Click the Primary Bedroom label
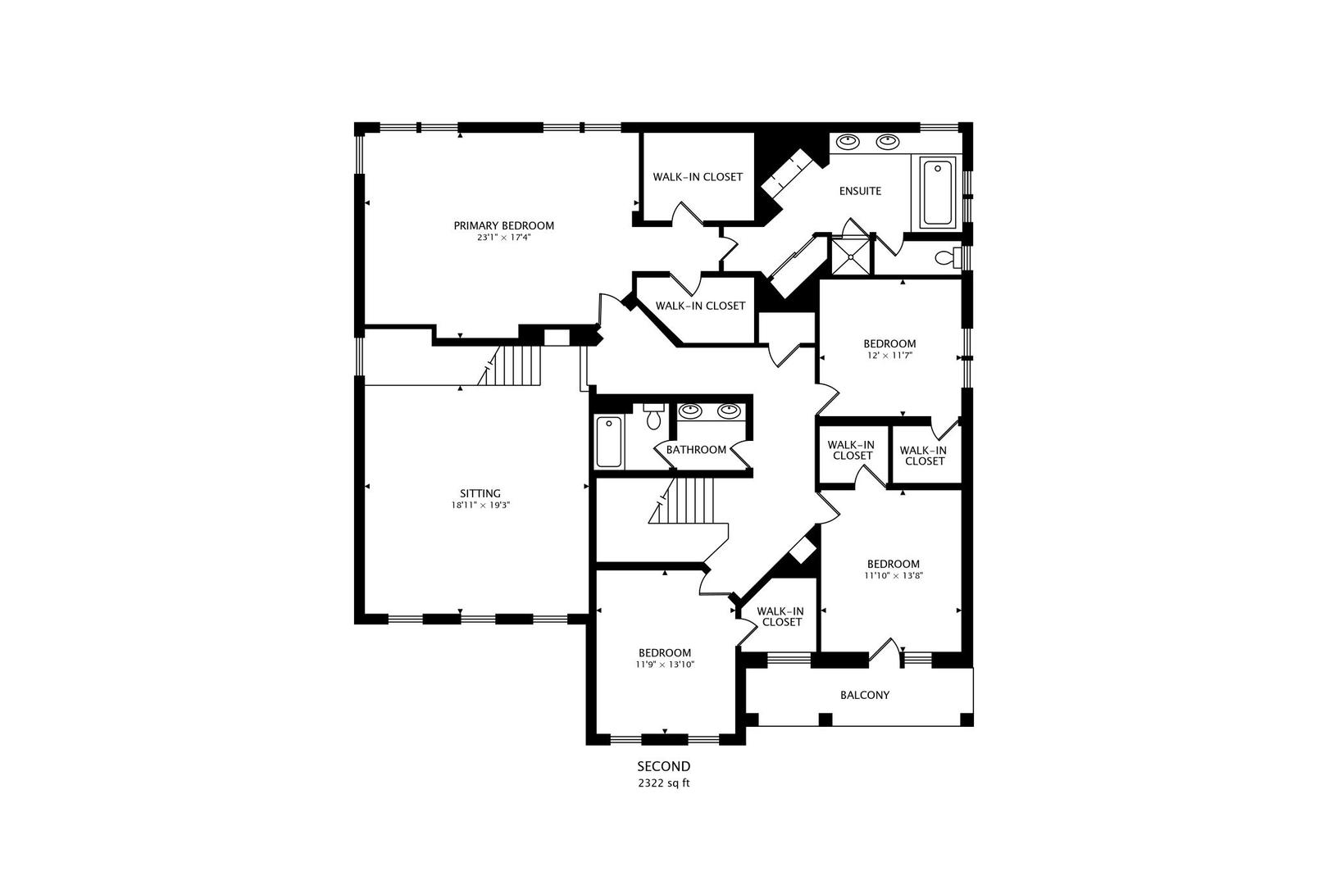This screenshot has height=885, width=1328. pos(503,225)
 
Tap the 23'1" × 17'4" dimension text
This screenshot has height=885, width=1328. pos(503,238)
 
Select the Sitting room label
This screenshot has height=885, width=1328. pos(480,493)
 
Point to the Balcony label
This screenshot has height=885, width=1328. pos(864,695)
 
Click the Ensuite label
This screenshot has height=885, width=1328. pos(860,191)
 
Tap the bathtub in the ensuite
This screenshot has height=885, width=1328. pos(937,193)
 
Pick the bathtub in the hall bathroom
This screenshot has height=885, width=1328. pos(607,442)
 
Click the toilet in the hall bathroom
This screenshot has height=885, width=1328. pos(653,417)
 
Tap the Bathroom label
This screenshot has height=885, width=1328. pos(696,450)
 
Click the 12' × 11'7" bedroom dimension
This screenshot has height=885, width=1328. pos(889,356)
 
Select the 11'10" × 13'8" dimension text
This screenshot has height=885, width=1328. pos(893,576)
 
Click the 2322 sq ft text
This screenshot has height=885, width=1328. pos(664,783)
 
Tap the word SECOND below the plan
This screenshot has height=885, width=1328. pos(664,767)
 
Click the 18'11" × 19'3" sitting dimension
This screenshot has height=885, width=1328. pos(480,506)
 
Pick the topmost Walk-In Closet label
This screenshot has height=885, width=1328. pos(698,177)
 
